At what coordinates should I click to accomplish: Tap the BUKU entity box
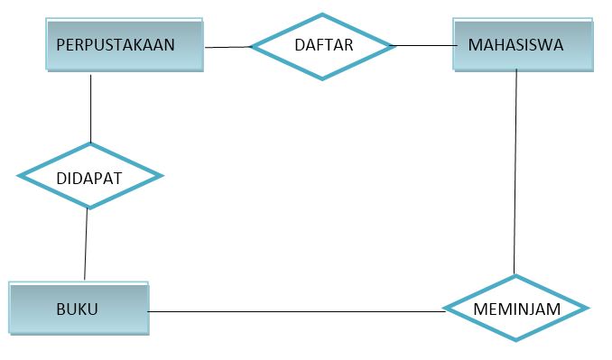coord(79,309)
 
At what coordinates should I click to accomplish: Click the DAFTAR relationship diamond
coord(322,45)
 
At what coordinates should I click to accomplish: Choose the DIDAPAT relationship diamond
coord(89,176)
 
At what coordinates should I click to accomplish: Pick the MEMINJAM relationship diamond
coord(516,309)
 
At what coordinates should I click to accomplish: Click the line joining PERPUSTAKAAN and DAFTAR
coord(227,47)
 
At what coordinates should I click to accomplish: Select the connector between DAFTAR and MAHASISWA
coord(423,45)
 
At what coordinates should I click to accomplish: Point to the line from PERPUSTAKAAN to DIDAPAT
coord(91,108)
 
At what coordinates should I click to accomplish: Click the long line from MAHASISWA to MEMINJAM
coord(515,171)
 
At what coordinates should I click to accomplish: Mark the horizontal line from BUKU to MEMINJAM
coord(298,312)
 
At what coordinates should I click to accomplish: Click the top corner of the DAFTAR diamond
coord(322,14)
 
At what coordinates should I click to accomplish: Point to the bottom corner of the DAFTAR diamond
coord(322,78)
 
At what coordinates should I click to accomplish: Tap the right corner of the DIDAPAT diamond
coord(161,176)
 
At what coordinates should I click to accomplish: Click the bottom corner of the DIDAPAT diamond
coord(88,208)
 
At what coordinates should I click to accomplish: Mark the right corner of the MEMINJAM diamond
coord(588,309)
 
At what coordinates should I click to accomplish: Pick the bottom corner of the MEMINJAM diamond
coord(516,340)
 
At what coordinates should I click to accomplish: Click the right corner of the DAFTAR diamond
coord(394,45)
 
